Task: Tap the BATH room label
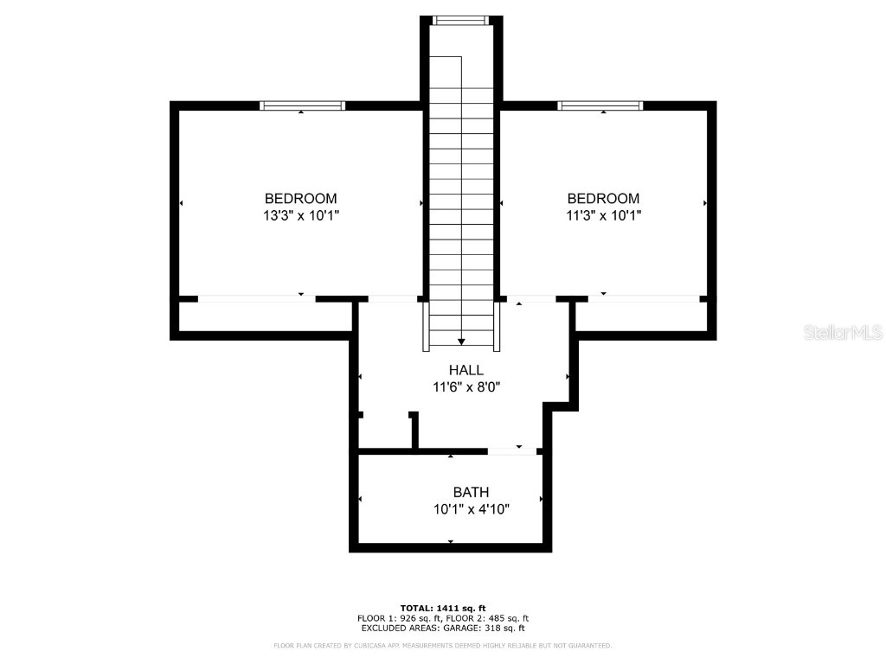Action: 471,492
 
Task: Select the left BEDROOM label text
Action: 300,198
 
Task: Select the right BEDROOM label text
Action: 603,198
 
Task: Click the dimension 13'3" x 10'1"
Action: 300,215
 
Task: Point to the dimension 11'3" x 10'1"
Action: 603,215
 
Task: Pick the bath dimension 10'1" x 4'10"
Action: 471,509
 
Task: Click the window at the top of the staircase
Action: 460,20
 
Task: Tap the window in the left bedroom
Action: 302,105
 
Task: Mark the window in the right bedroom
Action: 600,105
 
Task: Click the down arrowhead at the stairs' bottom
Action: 461,342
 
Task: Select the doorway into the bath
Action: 512,450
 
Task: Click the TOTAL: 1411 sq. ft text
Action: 442,607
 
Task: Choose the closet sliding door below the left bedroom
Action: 256,299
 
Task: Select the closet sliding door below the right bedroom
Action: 643,299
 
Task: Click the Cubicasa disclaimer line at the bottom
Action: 442,646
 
